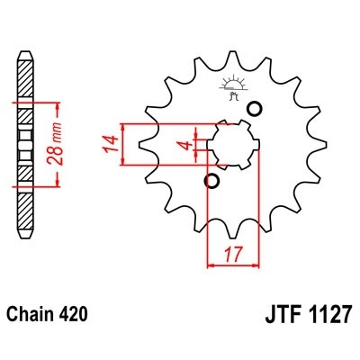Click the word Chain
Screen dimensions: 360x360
[40, 317]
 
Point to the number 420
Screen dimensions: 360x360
[90, 317]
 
